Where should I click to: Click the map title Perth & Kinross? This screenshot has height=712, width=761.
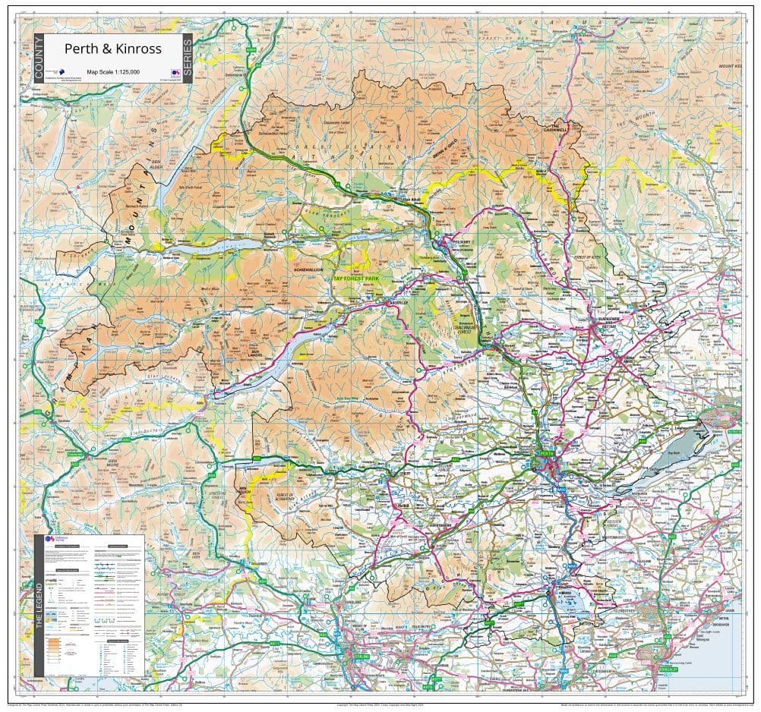112,49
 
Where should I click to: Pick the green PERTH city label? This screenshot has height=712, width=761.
545,453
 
